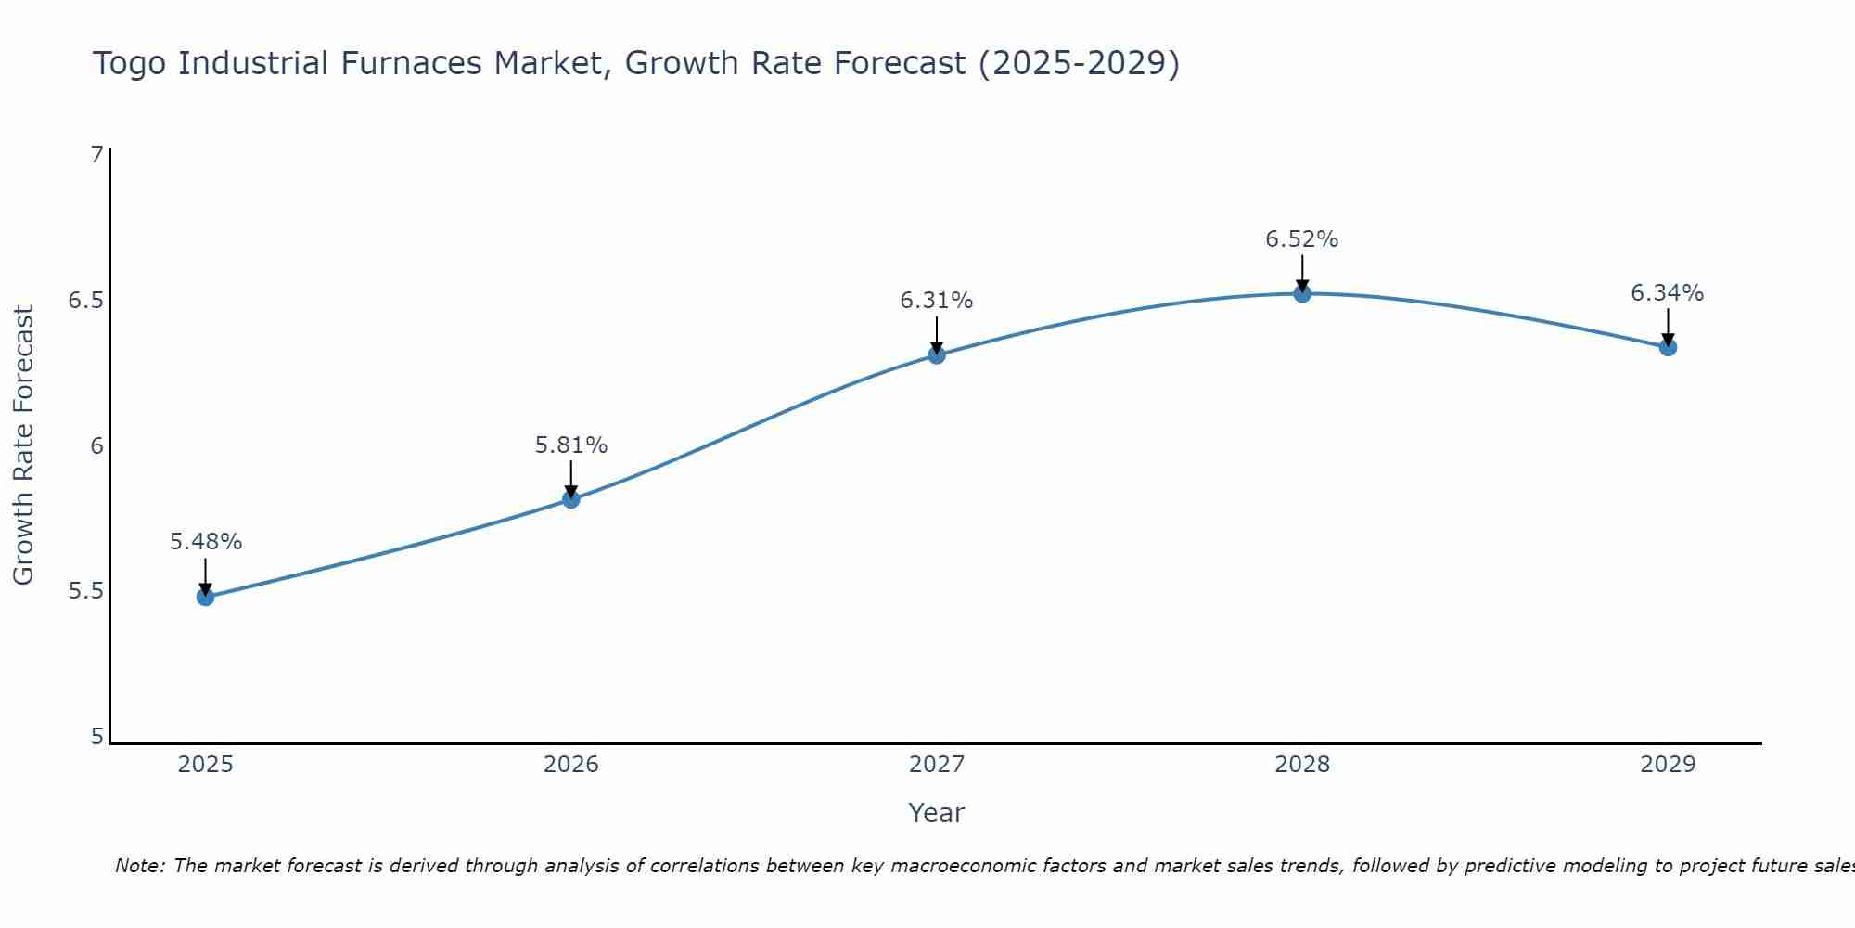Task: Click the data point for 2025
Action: (205, 597)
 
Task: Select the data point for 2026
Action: (570, 499)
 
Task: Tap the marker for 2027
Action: (936, 354)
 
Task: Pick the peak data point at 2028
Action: (1301, 293)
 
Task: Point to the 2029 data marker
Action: (1667, 347)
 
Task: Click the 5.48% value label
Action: (205, 542)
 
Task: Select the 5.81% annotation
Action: (570, 445)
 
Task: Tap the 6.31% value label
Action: (936, 301)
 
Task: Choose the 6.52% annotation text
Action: (1301, 239)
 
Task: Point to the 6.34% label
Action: (1667, 293)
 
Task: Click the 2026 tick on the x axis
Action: (570, 765)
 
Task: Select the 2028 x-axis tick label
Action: (1301, 765)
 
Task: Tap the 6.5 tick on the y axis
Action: (85, 301)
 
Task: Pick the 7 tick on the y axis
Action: (96, 155)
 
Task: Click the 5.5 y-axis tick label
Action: (85, 591)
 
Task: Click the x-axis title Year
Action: (936, 813)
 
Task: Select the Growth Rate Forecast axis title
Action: (23, 445)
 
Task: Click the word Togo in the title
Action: (131, 64)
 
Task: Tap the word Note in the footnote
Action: (139, 866)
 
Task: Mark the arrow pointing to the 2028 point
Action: (1301, 273)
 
